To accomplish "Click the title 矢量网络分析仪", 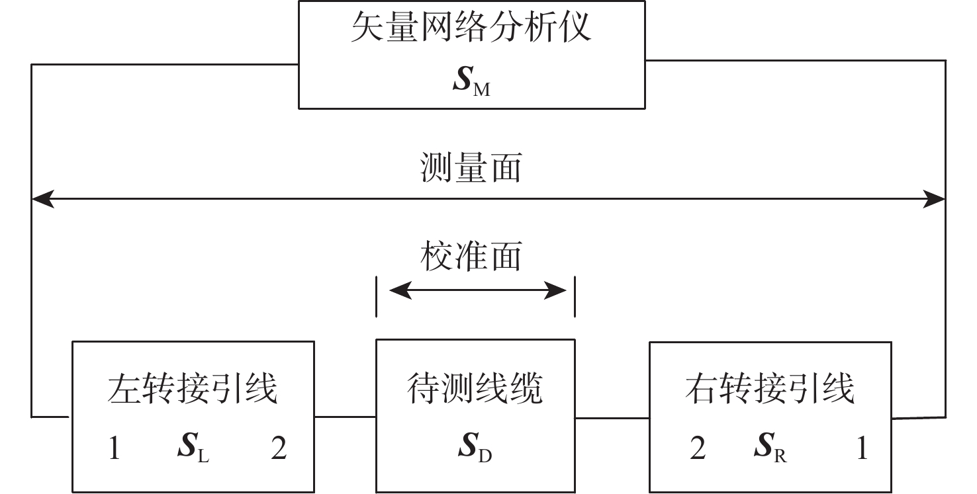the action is coord(471,26).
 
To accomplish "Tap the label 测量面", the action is coord(471,168).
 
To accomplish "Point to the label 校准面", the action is coord(471,256).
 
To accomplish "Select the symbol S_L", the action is coord(193,446).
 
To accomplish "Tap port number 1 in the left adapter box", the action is coord(115,448).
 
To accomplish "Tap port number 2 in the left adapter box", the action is coord(279,448).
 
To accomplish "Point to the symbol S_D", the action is coord(475,446).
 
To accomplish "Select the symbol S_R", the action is coord(770,446).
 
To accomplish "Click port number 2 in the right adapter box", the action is coord(698,448).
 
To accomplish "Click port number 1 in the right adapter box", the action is coord(862,448).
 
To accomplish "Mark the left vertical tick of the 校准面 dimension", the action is coord(377,297).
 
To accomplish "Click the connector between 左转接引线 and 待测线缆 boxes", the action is coord(346,417).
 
